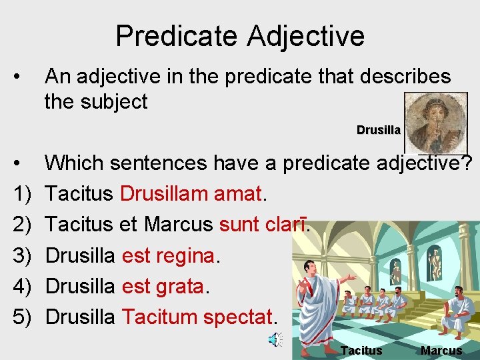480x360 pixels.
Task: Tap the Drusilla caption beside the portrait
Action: click(378, 130)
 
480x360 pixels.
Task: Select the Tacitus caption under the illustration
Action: click(361, 351)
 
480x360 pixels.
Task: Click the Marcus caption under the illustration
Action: click(441, 351)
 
